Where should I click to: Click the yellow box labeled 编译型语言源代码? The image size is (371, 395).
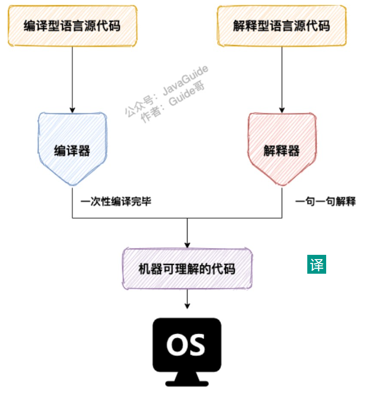[x=72, y=26]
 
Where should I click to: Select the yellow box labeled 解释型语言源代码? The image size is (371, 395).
[x=281, y=26]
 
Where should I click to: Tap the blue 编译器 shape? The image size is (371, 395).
[x=72, y=142]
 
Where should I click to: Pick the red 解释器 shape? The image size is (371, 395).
[x=281, y=142]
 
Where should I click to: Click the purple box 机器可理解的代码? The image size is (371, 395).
[x=187, y=269]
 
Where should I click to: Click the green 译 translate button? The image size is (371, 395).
[x=317, y=265]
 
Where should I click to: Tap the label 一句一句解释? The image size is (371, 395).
[x=326, y=202]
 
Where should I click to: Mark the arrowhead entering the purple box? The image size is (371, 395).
[x=187, y=244]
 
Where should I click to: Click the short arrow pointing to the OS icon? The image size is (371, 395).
[x=187, y=300]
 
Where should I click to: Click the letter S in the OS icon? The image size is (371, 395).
[x=197, y=346]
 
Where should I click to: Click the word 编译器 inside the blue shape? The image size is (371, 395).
[x=72, y=151]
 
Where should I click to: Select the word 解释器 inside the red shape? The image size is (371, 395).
[x=281, y=151]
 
